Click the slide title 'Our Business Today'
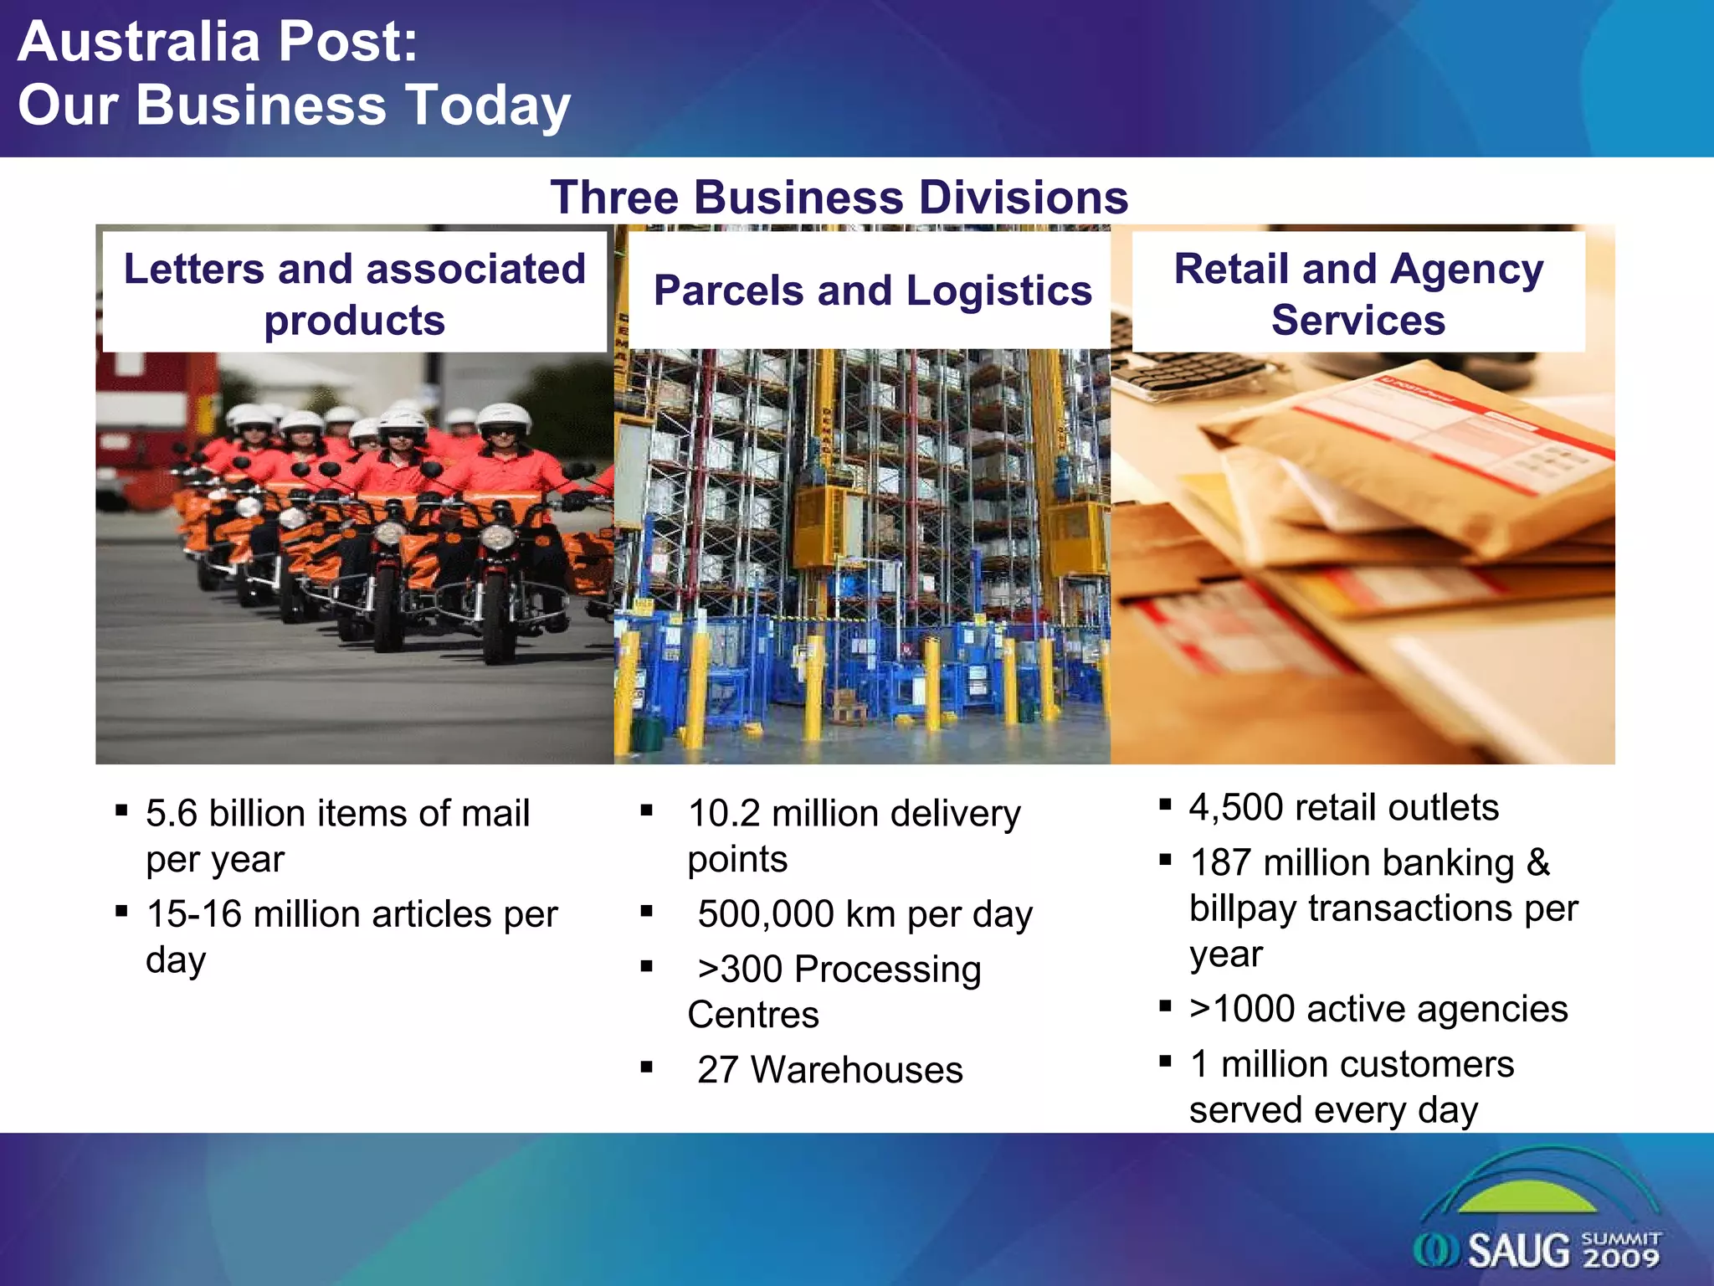[x=294, y=105]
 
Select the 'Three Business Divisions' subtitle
[x=839, y=198]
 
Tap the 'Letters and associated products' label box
[x=354, y=293]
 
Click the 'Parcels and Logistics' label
[x=872, y=291]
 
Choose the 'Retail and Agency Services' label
[x=1357, y=293]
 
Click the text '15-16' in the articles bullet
[x=194, y=913]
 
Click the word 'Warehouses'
[x=856, y=1070]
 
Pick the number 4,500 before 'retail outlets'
[x=1235, y=808]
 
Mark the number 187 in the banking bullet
[x=1220, y=862]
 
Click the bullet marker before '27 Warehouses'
[x=646, y=1067]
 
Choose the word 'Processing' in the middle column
[x=887, y=970]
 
